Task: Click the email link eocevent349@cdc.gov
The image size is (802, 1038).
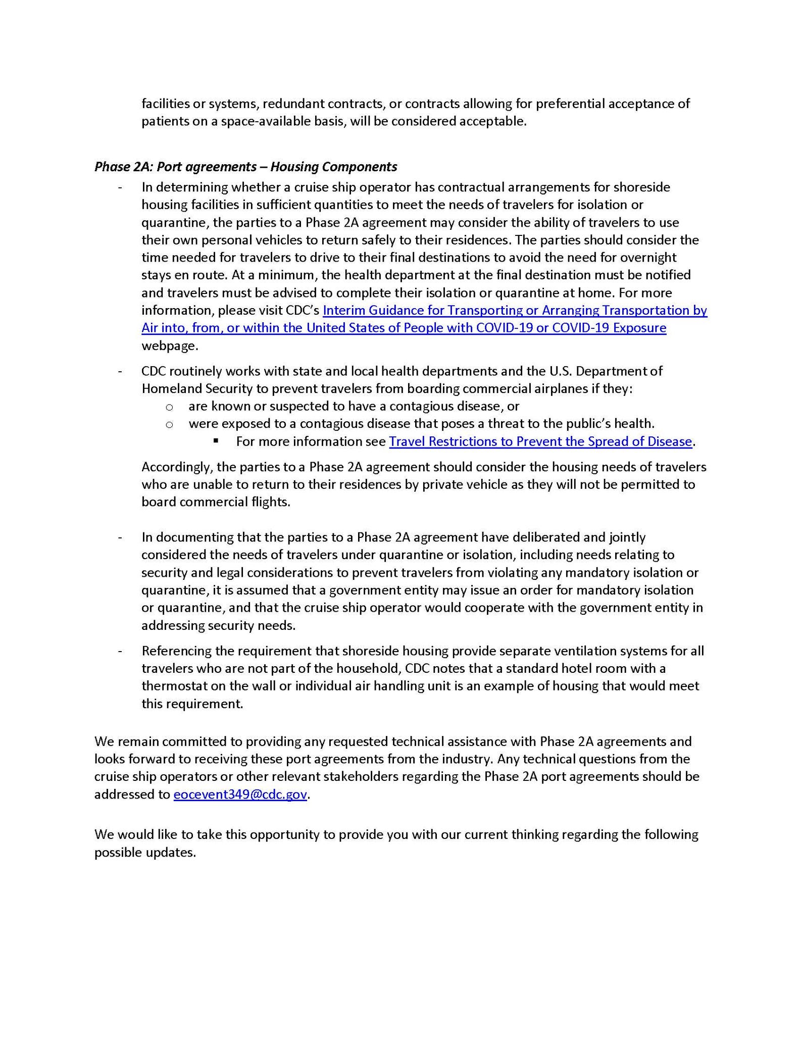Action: pos(240,795)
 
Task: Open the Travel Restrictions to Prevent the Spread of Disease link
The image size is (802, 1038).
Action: pos(540,441)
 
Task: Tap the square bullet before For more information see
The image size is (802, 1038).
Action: pos(216,441)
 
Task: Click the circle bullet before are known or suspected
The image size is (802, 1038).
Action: pos(169,407)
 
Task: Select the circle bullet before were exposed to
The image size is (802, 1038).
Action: pos(169,424)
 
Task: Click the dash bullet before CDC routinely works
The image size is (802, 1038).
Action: pos(120,372)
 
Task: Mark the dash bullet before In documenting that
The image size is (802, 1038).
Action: pos(120,537)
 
